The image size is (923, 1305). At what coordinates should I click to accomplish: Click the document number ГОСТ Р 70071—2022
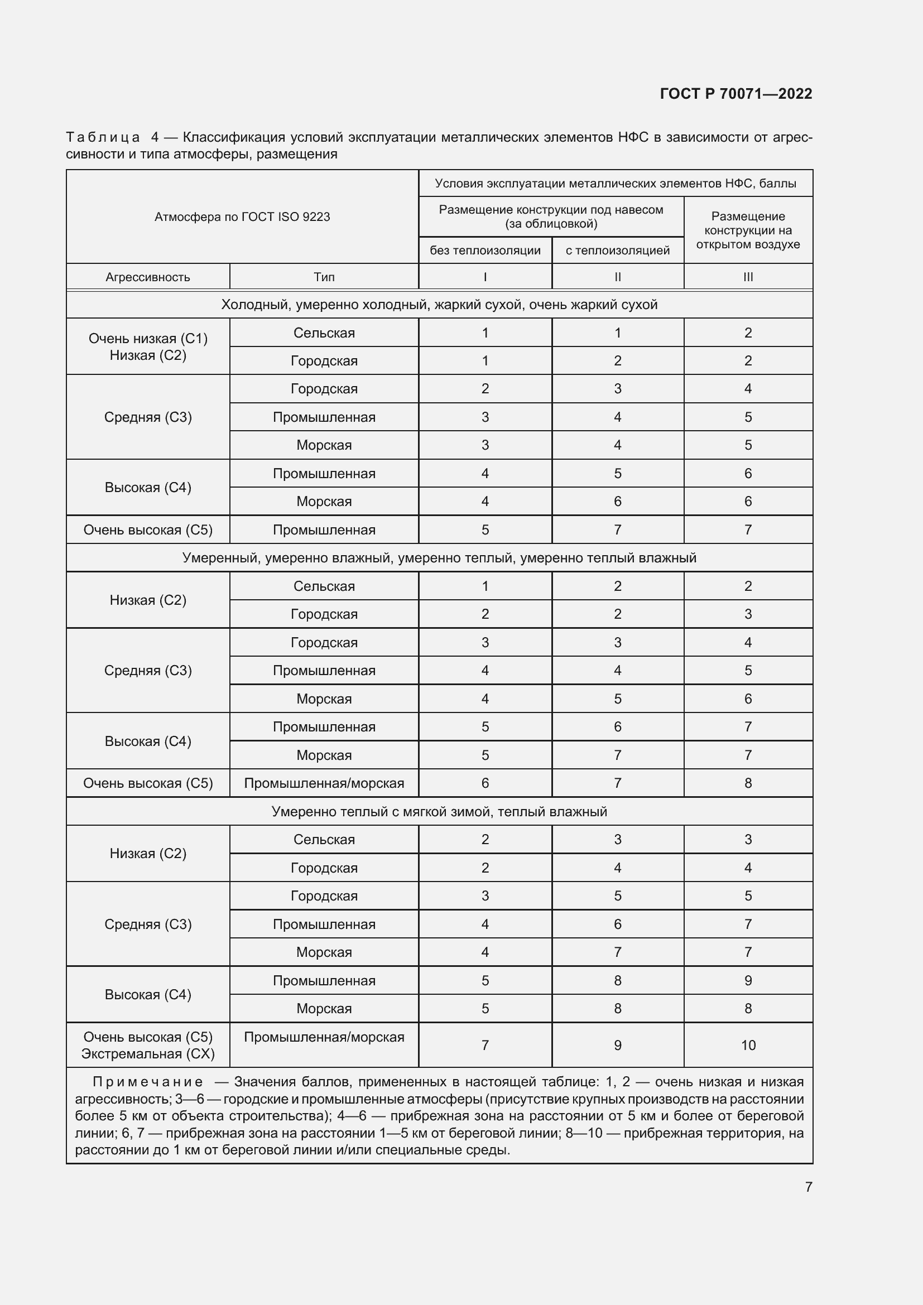click(x=735, y=94)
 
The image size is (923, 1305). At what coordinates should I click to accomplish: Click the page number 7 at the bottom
click(x=808, y=1187)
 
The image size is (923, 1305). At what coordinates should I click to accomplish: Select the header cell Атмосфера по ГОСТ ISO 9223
click(x=242, y=216)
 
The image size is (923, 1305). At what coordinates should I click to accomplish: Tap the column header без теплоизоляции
click(x=485, y=250)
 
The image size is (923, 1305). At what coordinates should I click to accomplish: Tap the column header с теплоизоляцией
click(x=617, y=250)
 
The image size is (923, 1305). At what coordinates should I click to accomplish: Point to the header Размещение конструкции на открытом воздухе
click(x=747, y=230)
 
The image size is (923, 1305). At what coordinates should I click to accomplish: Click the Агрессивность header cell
click(x=148, y=277)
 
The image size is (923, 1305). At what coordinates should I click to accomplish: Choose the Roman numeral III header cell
click(x=747, y=277)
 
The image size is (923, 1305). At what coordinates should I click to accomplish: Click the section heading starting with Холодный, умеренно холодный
click(x=439, y=305)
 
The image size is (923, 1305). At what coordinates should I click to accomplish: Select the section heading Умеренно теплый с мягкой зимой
click(x=439, y=812)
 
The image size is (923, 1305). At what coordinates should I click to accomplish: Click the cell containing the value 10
click(x=747, y=1045)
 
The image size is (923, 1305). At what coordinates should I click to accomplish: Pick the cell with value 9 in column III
click(x=747, y=980)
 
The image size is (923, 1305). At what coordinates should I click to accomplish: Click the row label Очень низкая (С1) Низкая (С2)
click(x=148, y=346)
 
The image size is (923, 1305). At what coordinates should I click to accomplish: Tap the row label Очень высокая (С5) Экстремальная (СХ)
click(x=148, y=1045)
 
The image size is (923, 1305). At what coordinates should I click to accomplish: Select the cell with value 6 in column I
click(x=485, y=783)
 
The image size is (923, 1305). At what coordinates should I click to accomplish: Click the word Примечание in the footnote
click(x=147, y=1082)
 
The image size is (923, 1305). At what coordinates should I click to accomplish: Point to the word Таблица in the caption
click(x=103, y=137)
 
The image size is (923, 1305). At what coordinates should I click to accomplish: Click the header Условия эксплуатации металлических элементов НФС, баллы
click(x=615, y=184)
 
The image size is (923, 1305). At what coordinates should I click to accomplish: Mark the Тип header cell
click(x=324, y=277)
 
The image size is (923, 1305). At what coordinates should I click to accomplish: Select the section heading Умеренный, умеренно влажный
click(x=439, y=558)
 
